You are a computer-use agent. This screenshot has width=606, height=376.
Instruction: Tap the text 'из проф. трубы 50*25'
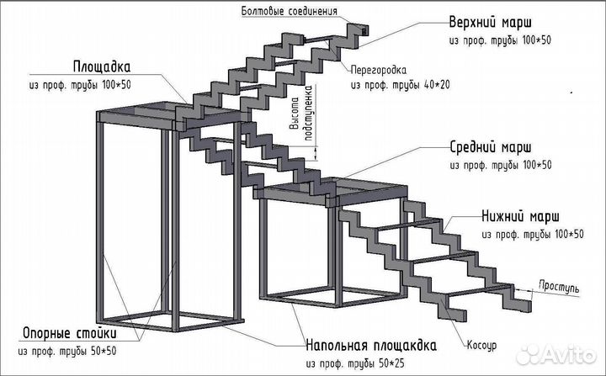(371, 364)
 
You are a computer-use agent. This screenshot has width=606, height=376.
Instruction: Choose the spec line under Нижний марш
(532, 234)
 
